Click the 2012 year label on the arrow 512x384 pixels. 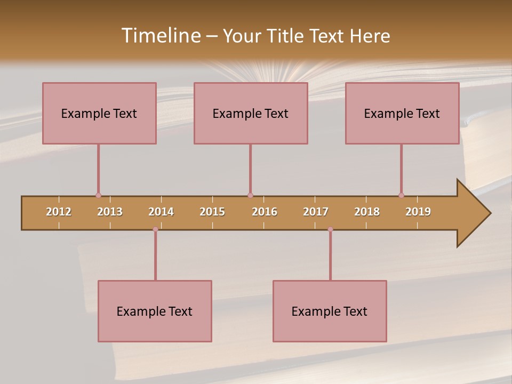tap(59, 212)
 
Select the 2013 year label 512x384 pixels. tap(110, 212)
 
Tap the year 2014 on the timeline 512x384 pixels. tap(161, 212)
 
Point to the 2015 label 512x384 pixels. tap(212, 212)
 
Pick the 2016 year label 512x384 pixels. tap(265, 212)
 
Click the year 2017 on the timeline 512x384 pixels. tap(316, 212)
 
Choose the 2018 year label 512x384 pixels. tap(367, 212)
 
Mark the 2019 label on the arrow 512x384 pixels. tap(418, 212)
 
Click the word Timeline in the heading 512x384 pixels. tap(160, 36)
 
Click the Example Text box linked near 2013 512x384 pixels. tap(99, 113)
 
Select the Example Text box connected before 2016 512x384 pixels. tap(251, 113)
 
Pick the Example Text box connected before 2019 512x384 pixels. tap(402, 113)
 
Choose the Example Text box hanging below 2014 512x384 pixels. tap(155, 311)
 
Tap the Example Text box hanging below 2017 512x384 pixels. tap(330, 311)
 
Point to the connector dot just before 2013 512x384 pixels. tap(98, 195)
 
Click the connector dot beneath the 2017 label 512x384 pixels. tap(330, 229)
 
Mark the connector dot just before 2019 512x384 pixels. tap(401, 195)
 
